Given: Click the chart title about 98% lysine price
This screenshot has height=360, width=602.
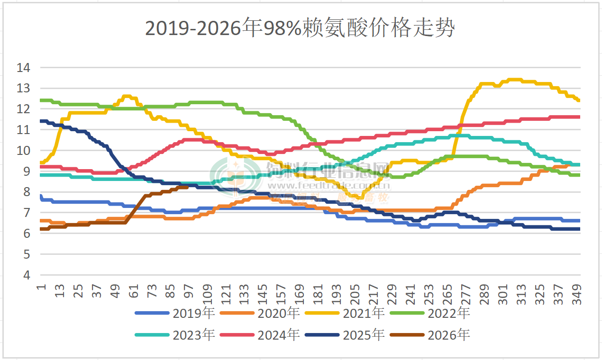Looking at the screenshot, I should (300, 28).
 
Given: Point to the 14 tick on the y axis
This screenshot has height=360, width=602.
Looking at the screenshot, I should (23, 68).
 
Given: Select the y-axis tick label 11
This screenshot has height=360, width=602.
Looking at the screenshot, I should (23, 130).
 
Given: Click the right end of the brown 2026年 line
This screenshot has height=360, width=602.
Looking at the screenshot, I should (188, 187).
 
